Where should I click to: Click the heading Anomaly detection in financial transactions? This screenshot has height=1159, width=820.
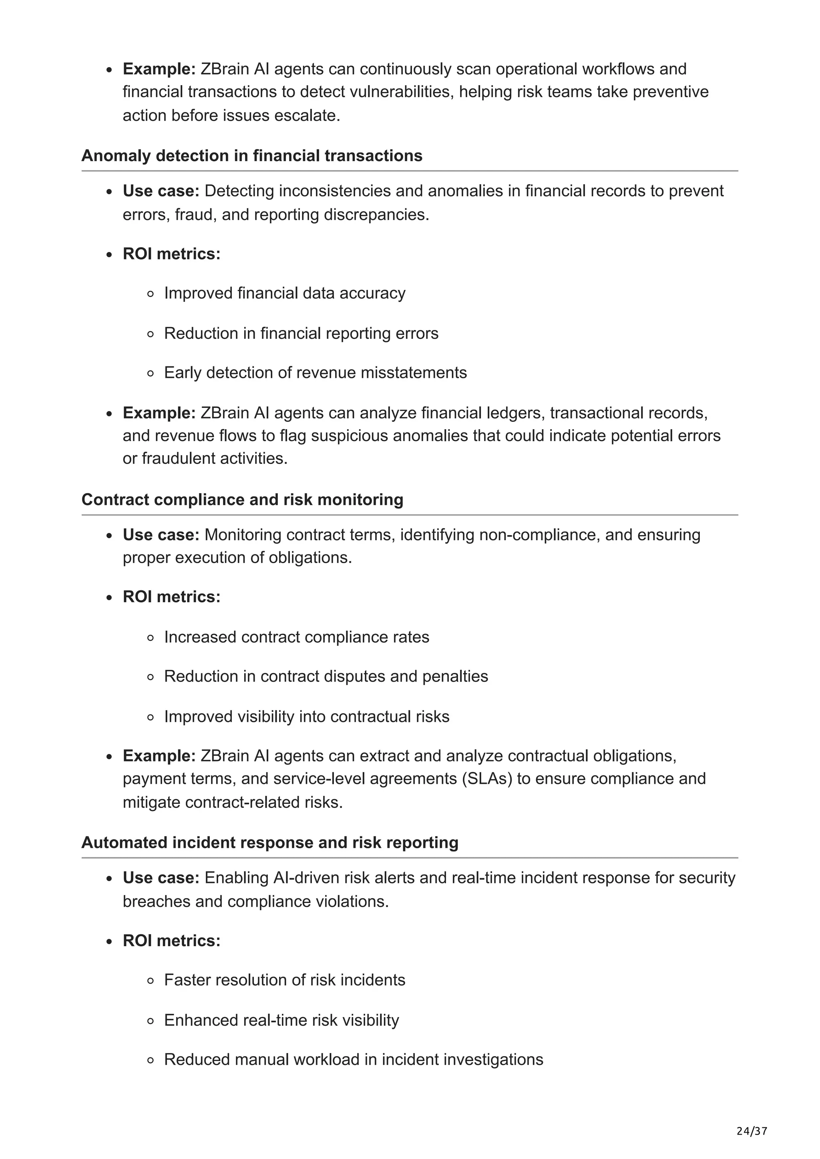click(x=251, y=156)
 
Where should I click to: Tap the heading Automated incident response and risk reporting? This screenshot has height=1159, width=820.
click(x=270, y=843)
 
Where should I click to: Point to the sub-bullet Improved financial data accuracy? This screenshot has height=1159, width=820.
click(x=284, y=293)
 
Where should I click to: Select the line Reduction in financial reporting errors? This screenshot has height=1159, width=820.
click(x=301, y=333)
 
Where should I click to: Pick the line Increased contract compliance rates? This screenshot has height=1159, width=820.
click(x=297, y=637)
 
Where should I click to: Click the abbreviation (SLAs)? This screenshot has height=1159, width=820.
click(x=486, y=779)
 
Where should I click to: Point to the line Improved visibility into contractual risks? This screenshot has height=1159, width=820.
click(x=307, y=717)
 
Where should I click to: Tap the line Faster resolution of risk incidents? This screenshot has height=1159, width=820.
click(x=284, y=980)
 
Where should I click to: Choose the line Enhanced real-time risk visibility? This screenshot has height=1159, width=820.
click(x=281, y=1020)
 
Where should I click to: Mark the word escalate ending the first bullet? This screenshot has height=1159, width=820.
click(x=307, y=116)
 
